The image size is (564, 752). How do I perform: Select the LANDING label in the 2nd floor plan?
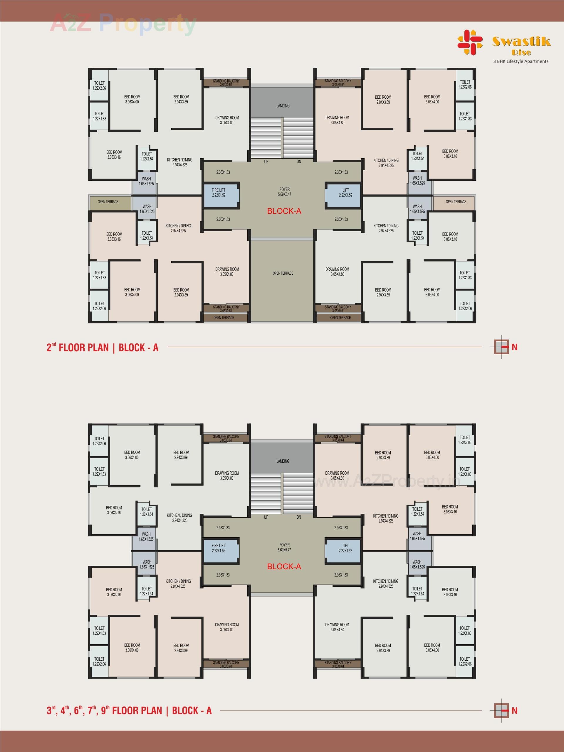click(283, 106)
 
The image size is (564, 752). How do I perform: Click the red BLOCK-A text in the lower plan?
click(284, 566)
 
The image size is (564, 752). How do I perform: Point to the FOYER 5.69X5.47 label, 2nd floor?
click(285, 192)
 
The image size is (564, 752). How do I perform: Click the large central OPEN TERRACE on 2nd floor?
click(283, 273)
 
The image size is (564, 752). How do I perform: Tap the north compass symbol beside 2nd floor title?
click(502, 347)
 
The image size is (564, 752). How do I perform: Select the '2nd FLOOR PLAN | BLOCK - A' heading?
click(103, 348)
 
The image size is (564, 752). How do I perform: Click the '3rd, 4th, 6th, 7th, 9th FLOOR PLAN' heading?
click(129, 710)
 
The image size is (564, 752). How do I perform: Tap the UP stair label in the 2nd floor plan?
click(266, 162)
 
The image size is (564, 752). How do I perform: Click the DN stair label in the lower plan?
click(299, 517)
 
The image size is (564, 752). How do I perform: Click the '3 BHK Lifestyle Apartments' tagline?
click(521, 61)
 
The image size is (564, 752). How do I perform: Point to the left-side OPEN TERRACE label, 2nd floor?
click(108, 202)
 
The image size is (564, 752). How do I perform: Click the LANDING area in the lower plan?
click(283, 461)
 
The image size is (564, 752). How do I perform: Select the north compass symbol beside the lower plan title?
click(502, 710)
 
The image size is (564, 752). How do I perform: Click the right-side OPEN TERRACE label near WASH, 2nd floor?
click(456, 202)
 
